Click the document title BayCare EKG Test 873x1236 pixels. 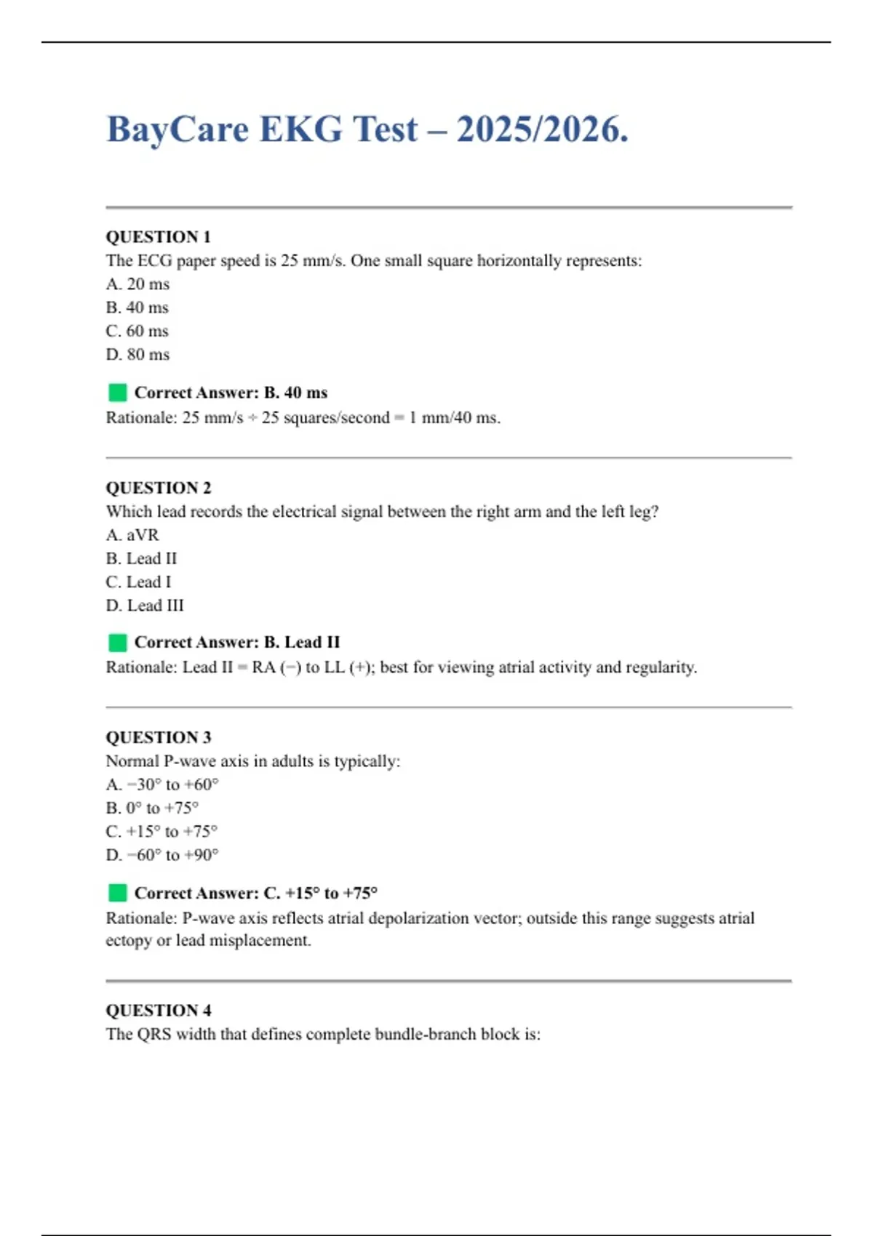click(367, 129)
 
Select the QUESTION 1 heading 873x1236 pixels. click(158, 237)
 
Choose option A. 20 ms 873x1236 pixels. click(137, 284)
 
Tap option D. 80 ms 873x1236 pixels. click(137, 355)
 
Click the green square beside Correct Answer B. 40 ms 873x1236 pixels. click(117, 393)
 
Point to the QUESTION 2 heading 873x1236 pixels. click(158, 488)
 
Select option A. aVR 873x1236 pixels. click(132, 535)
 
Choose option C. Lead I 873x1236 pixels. click(138, 582)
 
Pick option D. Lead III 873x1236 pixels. click(144, 606)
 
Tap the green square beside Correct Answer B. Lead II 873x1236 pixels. click(117, 643)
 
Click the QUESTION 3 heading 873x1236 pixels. click(158, 737)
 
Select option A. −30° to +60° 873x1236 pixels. click(162, 784)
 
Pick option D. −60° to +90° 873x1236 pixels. click(162, 855)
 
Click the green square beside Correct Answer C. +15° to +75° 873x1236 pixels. click(117, 893)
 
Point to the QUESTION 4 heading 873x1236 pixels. click(158, 1011)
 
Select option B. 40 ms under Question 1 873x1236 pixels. click(137, 308)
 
